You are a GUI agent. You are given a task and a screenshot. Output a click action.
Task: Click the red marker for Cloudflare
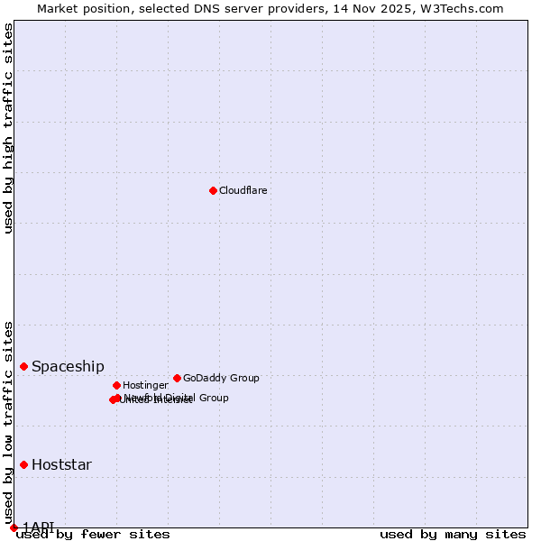[x=213, y=190]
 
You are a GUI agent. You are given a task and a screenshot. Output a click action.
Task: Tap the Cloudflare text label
[x=243, y=191]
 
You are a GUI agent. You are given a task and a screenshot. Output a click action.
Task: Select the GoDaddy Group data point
[x=177, y=378]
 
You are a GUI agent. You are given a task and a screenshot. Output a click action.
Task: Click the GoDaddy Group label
[x=221, y=379]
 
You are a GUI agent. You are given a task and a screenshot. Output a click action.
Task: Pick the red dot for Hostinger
[x=116, y=385]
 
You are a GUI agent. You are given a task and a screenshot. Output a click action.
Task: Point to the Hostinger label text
[x=145, y=386]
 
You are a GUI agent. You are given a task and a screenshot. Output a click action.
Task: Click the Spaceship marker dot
[x=23, y=366]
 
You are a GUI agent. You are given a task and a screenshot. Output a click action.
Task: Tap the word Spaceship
[x=68, y=367]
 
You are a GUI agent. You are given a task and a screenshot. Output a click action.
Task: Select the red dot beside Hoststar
[x=23, y=464]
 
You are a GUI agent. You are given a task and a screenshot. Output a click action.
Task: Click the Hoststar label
[x=61, y=465]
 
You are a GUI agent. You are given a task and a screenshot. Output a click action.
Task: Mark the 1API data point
[x=14, y=527]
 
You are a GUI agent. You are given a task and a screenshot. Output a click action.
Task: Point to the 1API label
[x=38, y=527]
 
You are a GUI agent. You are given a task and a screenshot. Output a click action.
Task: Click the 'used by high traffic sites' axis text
[x=8, y=128]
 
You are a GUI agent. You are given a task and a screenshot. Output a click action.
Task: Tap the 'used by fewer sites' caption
[x=93, y=535]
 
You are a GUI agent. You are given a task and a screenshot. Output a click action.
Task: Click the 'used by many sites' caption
[x=453, y=535]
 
